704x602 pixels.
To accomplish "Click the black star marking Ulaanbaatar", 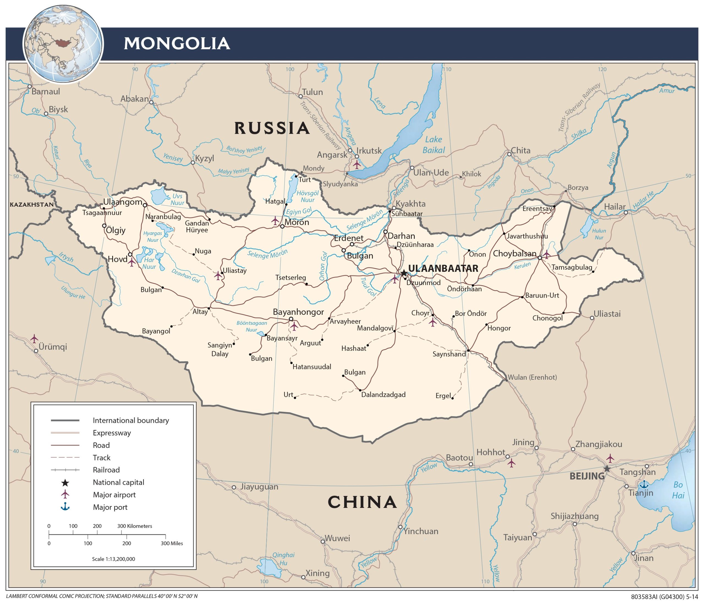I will point(403,273).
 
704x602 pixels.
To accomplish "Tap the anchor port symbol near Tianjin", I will point(643,485).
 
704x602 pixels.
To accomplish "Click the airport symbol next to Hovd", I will point(131,262).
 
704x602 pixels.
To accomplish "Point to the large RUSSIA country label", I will point(272,128).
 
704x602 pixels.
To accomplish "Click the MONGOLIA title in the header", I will point(177,43).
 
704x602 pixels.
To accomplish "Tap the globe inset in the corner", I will point(63,44).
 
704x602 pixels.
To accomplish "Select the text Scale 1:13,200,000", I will point(114,559).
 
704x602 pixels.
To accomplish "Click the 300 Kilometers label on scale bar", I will point(134,526).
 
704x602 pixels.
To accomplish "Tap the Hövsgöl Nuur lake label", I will point(307,196).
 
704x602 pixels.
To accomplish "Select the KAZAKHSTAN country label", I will point(32,205).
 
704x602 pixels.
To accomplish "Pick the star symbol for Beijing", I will point(607,469).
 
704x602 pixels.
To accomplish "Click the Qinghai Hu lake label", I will point(283,559).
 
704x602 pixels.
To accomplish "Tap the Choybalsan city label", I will point(515,254).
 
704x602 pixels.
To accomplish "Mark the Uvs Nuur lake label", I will point(177,199).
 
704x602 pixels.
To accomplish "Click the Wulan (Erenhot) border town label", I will point(532,377).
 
